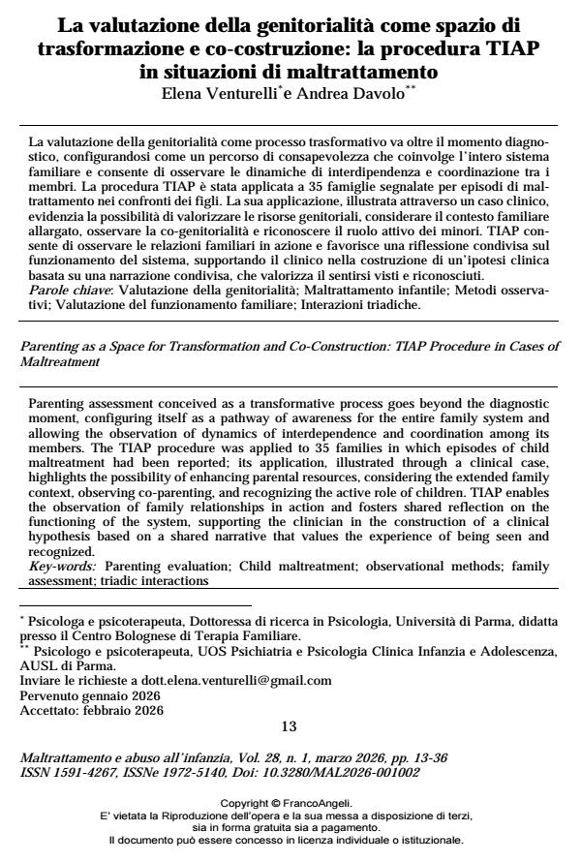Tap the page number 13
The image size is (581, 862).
click(290, 726)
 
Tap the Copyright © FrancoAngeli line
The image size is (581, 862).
click(290, 804)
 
